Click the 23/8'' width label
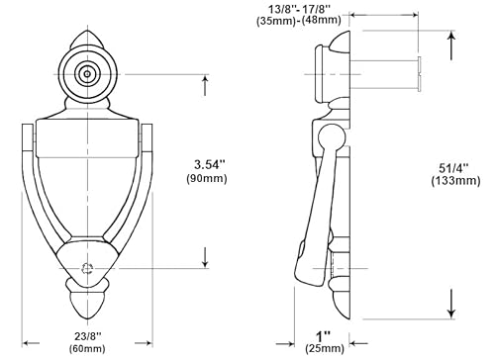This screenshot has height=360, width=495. pyautogui.click(x=89, y=334)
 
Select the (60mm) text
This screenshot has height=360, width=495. pyautogui.click(x=89, y=349)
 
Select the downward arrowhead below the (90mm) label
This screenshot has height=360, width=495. pyautogui.click(x=205, y=263)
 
